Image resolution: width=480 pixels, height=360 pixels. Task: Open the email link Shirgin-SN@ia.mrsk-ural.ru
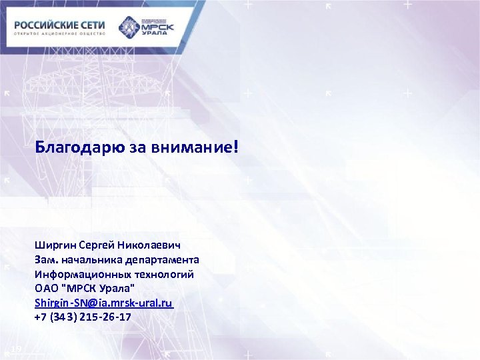coord(104,303)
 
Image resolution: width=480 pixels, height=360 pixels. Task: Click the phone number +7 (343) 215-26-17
coord(83,317)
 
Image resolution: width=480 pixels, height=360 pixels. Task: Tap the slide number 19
coord(17,349)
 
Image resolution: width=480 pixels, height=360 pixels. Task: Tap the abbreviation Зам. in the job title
coord(46,259)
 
